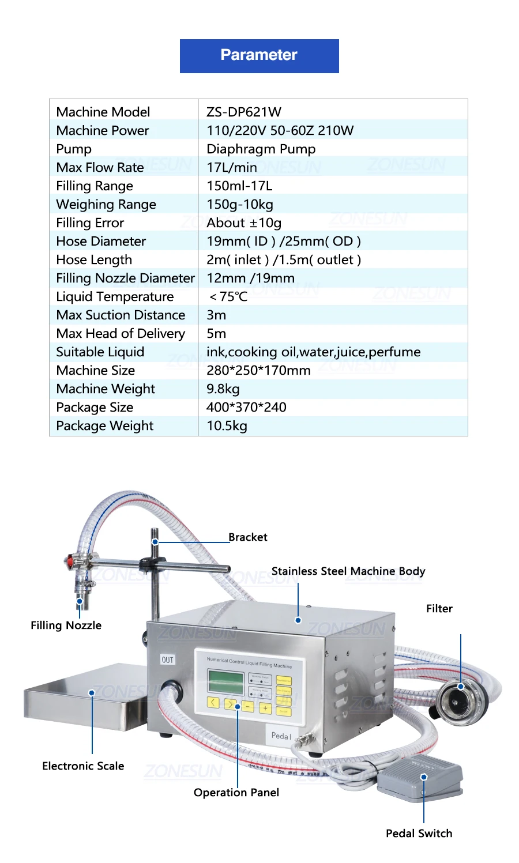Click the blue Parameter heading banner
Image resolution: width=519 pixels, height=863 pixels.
[259, 56]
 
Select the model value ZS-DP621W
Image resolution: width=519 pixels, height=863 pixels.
[244, 112]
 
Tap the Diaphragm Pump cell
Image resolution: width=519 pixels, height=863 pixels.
[261, 149]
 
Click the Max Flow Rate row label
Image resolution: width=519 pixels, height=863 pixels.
[100, 167]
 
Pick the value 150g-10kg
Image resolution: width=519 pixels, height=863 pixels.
[240, 204]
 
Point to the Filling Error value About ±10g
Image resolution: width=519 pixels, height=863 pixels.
[244, 223]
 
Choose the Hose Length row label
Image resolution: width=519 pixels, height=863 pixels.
[94, 259]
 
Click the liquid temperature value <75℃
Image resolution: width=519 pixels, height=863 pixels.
[228, 296]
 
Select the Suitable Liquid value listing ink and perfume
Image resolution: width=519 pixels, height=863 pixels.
[313, 352]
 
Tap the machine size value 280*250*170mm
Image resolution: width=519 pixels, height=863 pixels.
[258, 370]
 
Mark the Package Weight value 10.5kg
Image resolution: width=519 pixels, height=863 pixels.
[227, 425]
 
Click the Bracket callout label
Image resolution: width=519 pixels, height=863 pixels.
[247, 537]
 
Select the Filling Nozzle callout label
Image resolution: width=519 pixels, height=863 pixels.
[66, 625]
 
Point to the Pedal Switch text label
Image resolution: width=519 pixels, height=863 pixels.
[419, 833]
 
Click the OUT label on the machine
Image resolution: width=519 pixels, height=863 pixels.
[167, 660]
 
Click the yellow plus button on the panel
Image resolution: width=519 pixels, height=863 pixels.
[265, 708]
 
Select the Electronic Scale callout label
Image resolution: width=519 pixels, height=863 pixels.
[83, 766]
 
